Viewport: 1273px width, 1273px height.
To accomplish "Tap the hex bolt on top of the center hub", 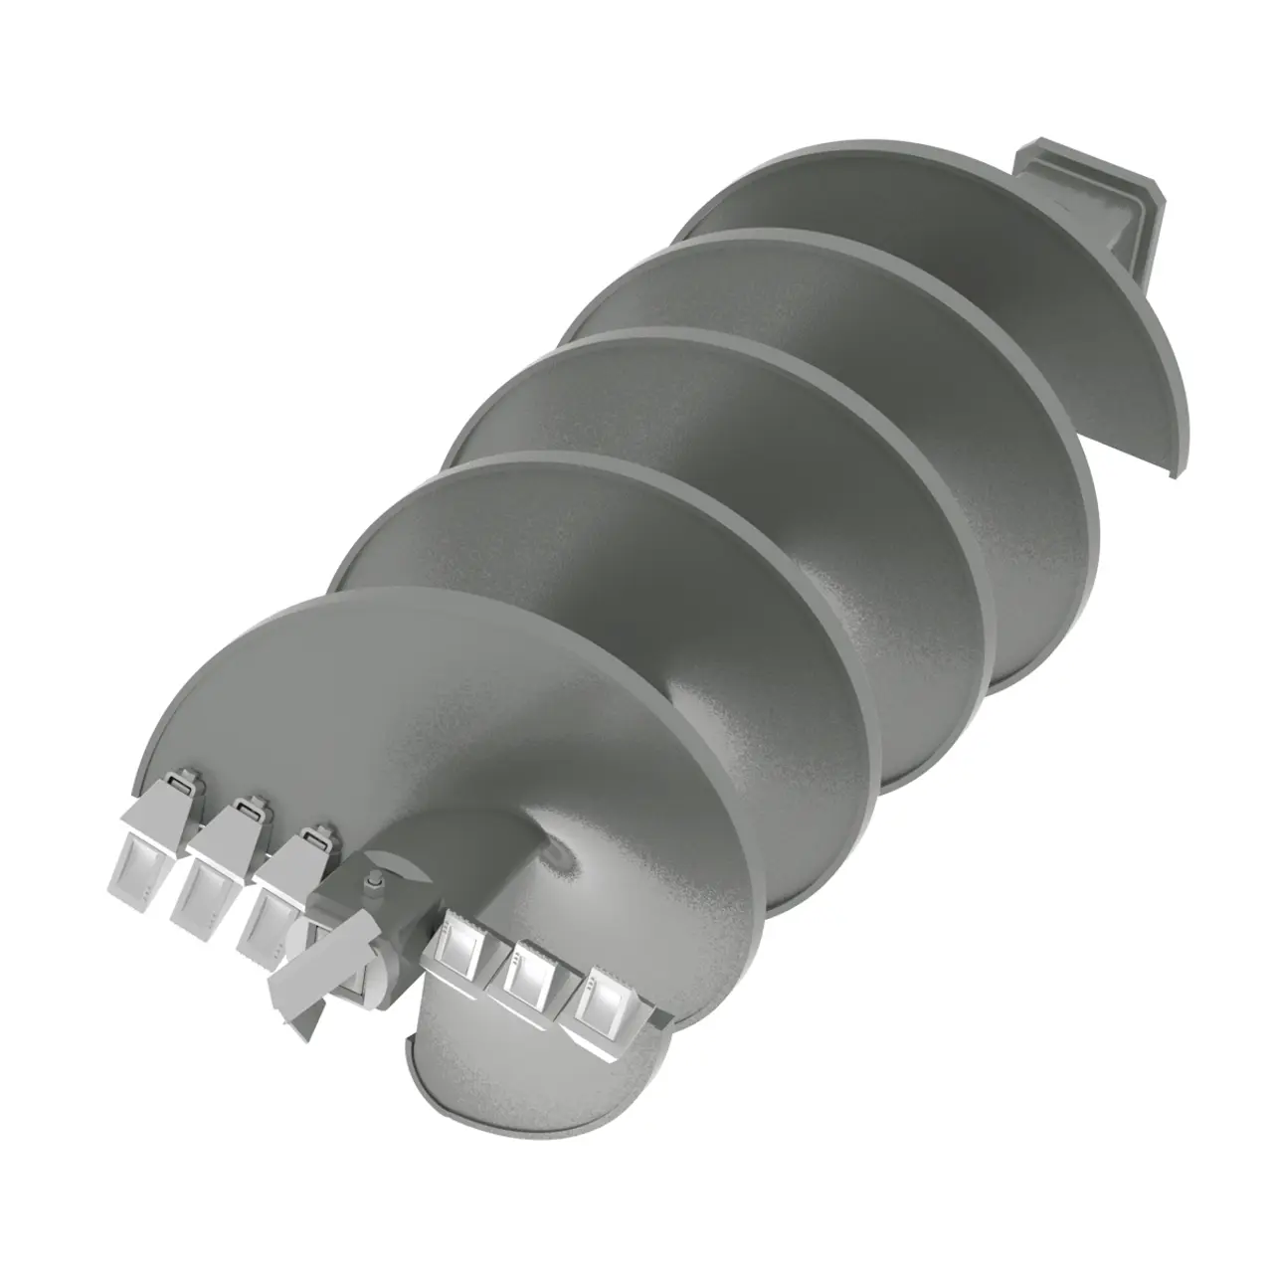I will tap(374, 881).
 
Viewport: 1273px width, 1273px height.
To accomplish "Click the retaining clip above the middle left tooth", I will tap(249, 810).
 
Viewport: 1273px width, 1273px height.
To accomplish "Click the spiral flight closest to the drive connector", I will tap(895, 199).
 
